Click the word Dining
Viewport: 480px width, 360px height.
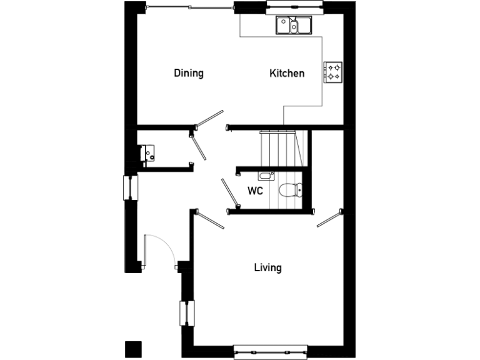click(x=189, y=73)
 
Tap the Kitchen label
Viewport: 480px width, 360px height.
click(x=287, y=73)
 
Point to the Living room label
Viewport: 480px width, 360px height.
click(x=267, y=267)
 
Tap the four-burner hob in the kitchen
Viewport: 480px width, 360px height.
click(x=333, y=72)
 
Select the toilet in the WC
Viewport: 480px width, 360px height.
click(x=290, y=189)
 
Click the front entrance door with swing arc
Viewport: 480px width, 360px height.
click(x=161, y=250)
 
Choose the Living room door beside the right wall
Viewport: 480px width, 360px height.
click(x=329, y=219)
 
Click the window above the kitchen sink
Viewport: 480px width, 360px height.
click(x=294, y=8)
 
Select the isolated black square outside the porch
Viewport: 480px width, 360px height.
click(x=133, y=348)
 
